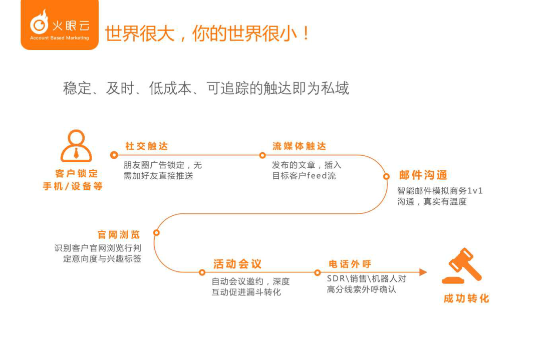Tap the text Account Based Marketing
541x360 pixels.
(x=59, y=38)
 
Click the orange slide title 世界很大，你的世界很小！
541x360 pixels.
(x=207, y=34)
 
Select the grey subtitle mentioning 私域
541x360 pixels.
(x=206, y=88)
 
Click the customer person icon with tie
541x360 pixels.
(x=76, y=146)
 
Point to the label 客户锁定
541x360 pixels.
(x=76, y=173)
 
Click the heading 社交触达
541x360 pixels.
(x=147, y=146)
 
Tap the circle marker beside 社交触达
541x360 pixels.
(x=114, y=155)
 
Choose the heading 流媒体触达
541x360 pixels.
(x=299, y=146)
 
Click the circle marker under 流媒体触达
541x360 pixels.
(x=262, y=156)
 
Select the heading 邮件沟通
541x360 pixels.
(x=423, y=175)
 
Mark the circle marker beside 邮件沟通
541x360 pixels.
(x=386, y=177)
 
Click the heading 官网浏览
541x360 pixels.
(x=119, y=235)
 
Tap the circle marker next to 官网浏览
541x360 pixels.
(x=156, y=233)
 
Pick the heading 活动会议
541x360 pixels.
(x=237, y=264)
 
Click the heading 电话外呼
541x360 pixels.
(x=350, y=264)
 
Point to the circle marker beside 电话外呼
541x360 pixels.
(x=318, y=273)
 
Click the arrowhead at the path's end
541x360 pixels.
(x=423, y=272)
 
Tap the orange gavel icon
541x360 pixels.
(x=462, y=265)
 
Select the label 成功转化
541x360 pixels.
(x=466, y=298)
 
